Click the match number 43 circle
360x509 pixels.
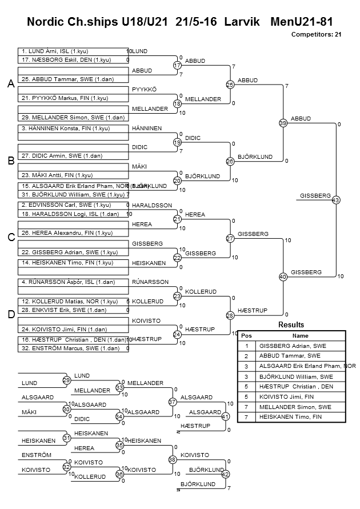coord(335,200)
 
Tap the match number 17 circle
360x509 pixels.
coord(177,66)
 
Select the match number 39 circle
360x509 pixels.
coord(283,123)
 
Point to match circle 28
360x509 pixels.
coord(230,315)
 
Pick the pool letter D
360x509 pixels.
coord(10,315)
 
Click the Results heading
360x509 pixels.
coord(291,324)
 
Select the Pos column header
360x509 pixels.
coord(246,336)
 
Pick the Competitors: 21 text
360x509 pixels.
coord(316,34)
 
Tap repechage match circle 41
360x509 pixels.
coord(225,416)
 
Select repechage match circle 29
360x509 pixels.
coord(66,380)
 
